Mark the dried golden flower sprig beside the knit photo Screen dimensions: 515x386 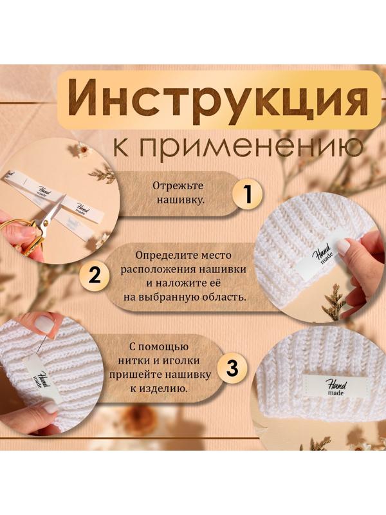[335, 300]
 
